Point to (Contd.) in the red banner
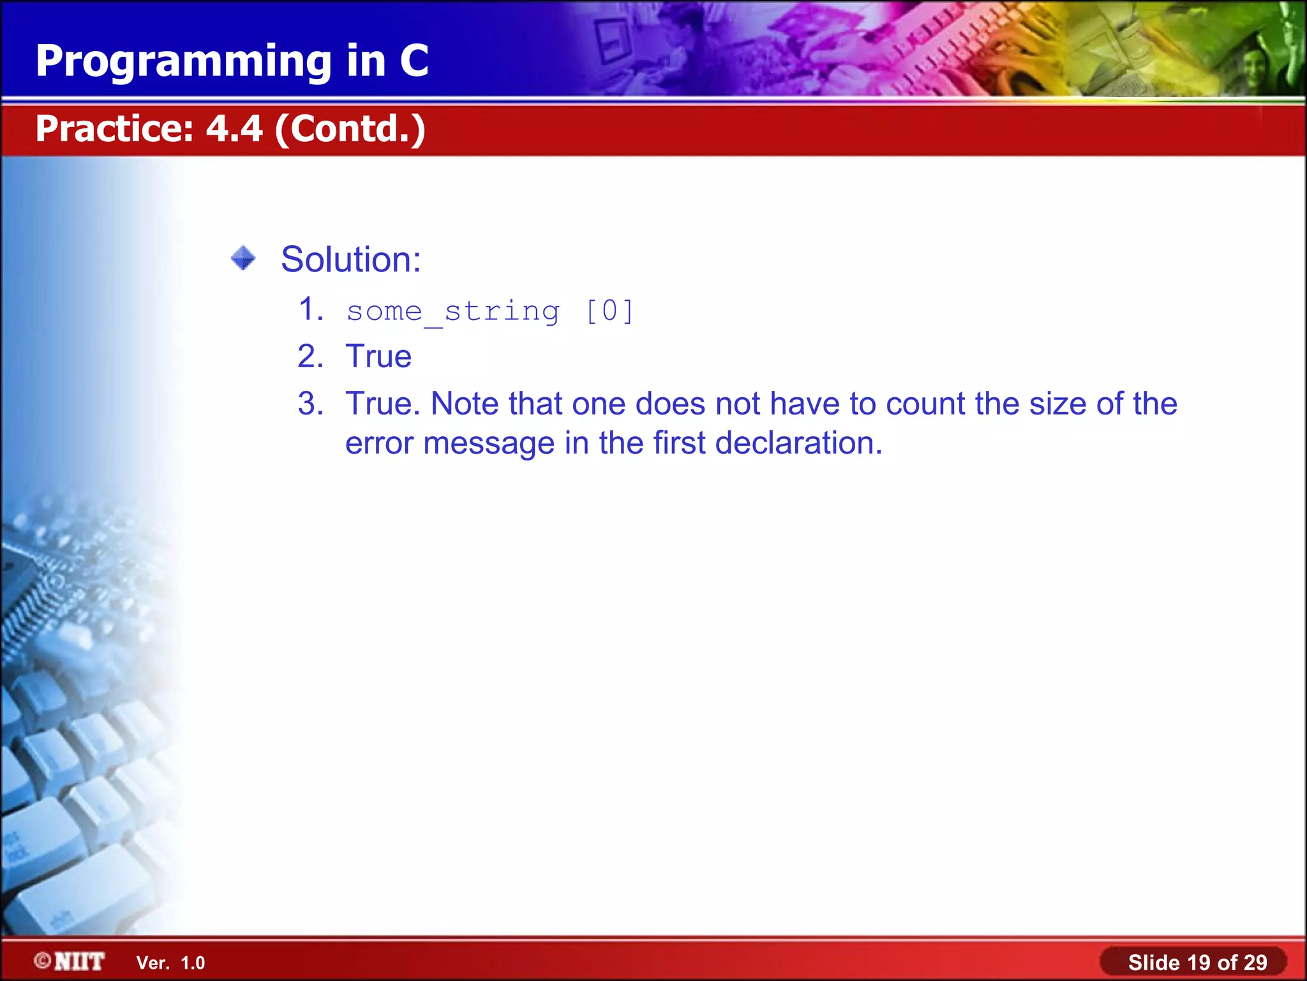tap(350, 129)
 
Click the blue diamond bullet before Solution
tap(243, 259)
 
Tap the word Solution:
tap(351, 259)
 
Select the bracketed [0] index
tap(609, 312)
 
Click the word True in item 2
tap(378, 356)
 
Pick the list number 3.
tap(310, 404)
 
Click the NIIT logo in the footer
tap(70, 961)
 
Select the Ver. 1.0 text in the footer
tap(170, 962)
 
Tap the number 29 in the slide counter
tap(1255, 962)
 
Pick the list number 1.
tap(310, 310)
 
